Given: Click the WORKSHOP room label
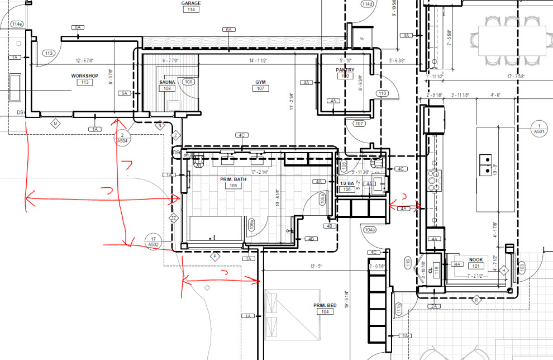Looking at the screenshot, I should (x=84, y=75).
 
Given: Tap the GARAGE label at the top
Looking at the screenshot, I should (x=191, y=3).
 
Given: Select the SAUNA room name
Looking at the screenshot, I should (x=167, y=82).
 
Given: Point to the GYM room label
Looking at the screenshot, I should (x=260, y=82).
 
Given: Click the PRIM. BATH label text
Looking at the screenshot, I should (x=233, y=179).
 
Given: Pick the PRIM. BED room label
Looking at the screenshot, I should (x=325, y=305).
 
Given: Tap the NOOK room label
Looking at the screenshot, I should (x=475, y=259).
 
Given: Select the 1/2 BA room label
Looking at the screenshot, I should (x=347, y=183).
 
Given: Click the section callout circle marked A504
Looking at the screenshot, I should (x=122, y=138).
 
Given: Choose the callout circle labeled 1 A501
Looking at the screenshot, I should (x=539, y=128).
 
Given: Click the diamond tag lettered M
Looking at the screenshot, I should (x=55, y=122).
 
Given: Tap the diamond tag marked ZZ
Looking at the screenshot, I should (x=174, y=219).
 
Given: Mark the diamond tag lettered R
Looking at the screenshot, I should (x=476, y=300).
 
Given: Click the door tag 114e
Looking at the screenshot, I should (x=16, y=24).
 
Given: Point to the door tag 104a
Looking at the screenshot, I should (x=370, y=230).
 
